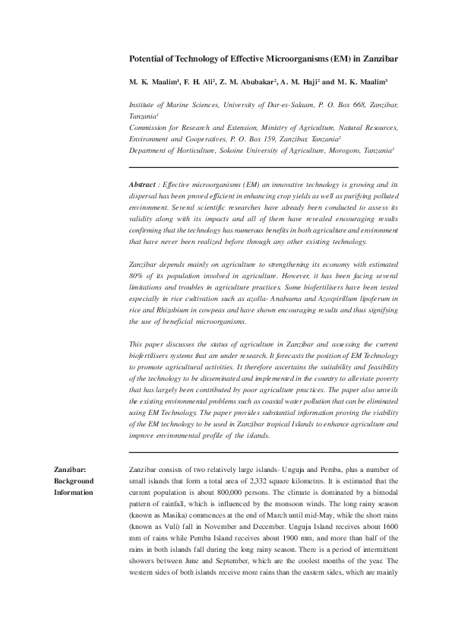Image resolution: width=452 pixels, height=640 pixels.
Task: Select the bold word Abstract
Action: (x=143, y=185)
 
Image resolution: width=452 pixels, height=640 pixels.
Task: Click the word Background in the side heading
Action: (x=73, y=481)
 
